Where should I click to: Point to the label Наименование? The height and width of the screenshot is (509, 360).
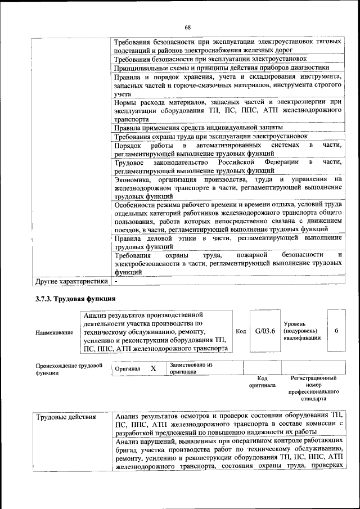(54, 332)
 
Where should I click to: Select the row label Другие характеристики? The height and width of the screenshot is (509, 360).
(71, 280)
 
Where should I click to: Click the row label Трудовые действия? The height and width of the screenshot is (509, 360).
(66, 417)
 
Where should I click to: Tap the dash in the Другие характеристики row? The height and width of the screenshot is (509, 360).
(116, 280)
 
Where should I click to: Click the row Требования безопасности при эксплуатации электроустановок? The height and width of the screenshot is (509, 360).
(210, 59)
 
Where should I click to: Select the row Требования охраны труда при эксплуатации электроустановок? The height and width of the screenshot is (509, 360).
(210, 137)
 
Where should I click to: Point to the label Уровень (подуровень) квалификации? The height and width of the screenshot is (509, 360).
(302, 331)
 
